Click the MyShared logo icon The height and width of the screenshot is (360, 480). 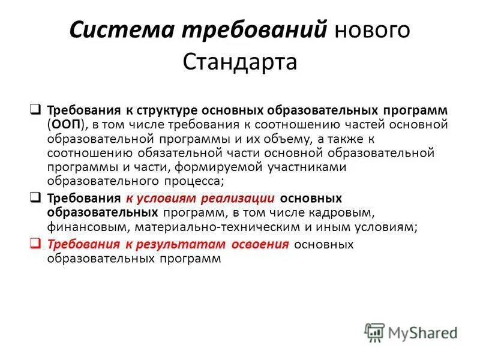click(375, 332)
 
